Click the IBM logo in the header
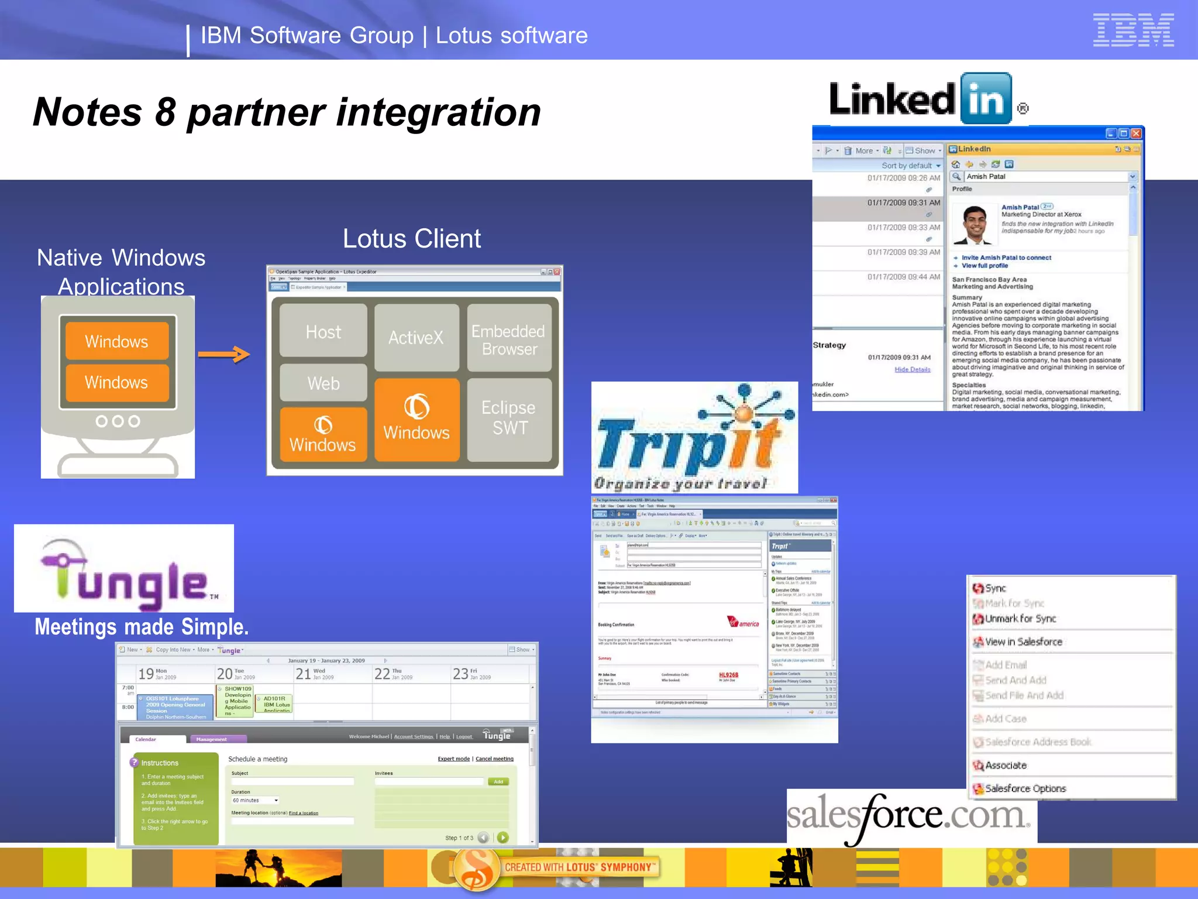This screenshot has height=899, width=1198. [x=1133, y=30]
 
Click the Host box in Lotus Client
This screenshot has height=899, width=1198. [x=323, y=331]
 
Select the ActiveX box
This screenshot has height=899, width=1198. [x=416, y=337]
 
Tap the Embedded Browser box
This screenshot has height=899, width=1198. [x=509, y=339]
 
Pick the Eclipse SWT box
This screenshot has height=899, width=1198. [x=509, y=418]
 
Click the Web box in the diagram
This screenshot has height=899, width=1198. [x=323, y=383]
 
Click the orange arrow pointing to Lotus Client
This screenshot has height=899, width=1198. [x=224, y=354]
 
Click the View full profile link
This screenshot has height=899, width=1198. [x=984, y=266]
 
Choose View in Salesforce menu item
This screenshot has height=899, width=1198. [x=1023, y=642]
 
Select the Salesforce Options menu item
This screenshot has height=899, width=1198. [x=1025, y=788]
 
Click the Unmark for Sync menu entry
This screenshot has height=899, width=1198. [x=1020, y=619]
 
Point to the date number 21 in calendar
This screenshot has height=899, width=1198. [x=303, y=674]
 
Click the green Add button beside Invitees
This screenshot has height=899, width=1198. [x=498, y=782]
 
